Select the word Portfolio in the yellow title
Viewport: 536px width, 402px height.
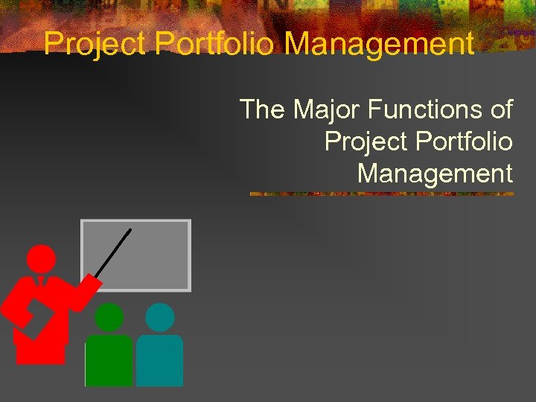pyautogui.click(x=216, y=45)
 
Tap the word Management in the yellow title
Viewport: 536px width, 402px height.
pyautogui.click(x=379, y=45)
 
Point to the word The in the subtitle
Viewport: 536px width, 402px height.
pyautogui.click(x=262, y=110)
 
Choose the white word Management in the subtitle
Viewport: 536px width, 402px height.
pyautogui.click(x=435, y=173)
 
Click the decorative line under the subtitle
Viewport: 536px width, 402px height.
pyautogui.click(x=381, y=194)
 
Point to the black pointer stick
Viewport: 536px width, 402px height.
pyautogui.click(x=113, y=253)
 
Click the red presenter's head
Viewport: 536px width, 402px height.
pyautogui.click(x=41, y=259)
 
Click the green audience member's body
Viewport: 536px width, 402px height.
pyautogui.click(x=109, y=361)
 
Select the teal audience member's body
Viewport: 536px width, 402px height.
pyautogui.click(x=159, y=361)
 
